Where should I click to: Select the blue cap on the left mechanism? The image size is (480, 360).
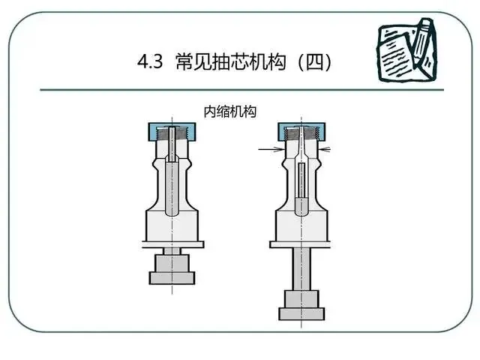pyautogui.click(x=160, y=133)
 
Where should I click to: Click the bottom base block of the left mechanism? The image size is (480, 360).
pyautogui.click(x=172, y=277)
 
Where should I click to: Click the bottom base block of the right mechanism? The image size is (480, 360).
pyautogui.click(x=301, y=311)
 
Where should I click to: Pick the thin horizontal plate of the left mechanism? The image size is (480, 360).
pyautogui.click(x=172, y=244)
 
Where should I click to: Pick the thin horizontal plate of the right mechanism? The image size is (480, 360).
pyautogui.click(x=301, y=244)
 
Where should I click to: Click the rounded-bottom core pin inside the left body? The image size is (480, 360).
pyautogui.click(x=172, y=187)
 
